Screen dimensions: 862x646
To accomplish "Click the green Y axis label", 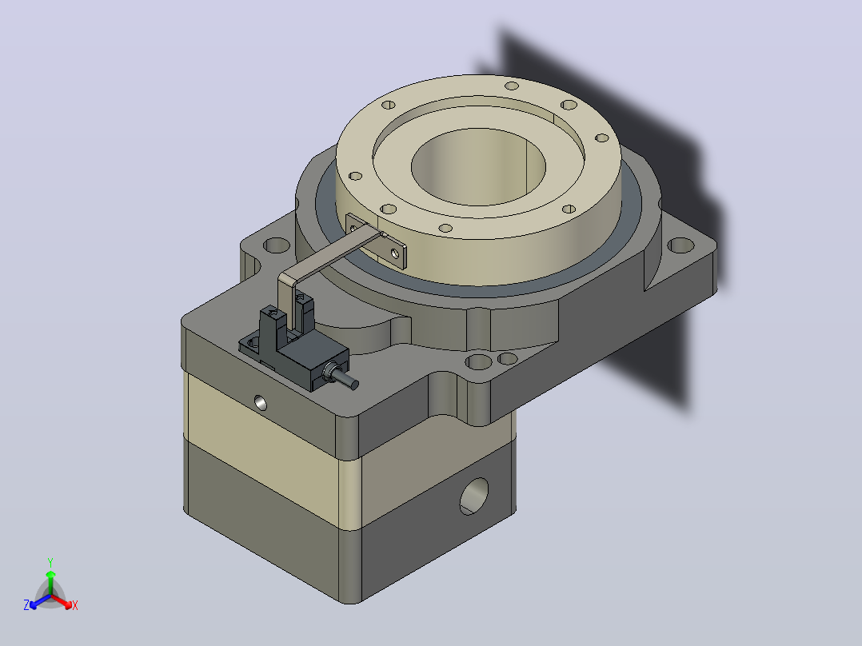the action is pos(50,562).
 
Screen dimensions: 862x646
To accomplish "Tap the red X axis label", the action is pos(75,605).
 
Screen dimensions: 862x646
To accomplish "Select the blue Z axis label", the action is pos(26,605).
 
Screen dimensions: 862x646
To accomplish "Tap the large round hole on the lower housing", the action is pos(474,496).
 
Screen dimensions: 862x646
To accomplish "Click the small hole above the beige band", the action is pos(261,403).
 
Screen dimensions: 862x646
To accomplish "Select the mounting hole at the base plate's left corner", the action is pos(277,245).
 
